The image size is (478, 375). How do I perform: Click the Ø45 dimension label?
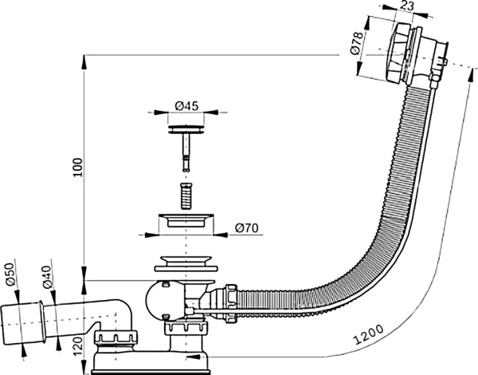(x=186, y=106)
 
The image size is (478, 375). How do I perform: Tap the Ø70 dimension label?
(x=247, y=228)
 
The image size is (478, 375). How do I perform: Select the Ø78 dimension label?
(x=357, y=43)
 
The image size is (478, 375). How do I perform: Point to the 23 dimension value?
(x=408, y=6)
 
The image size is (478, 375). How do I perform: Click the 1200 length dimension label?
(x=368, y=334)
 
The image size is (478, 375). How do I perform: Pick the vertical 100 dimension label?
(x=78, y=167)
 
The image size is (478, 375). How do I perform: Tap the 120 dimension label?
(x=78, y=346)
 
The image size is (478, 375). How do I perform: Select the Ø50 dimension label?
(x=10, y=274)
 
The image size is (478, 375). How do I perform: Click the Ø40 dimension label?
(x=47, y=278)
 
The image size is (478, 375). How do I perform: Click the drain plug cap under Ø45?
(x=186, y=129)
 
